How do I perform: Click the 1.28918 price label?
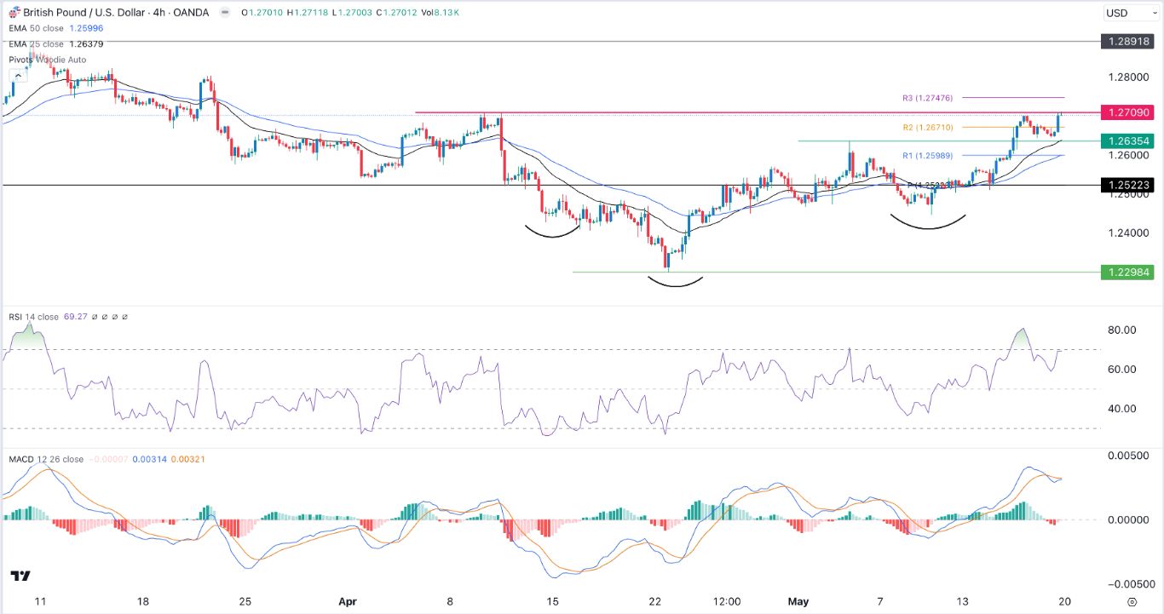[x=1127, y=41]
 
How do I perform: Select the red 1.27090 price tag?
[x=1127, y=112]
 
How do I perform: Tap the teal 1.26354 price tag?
[x=1127, y=141]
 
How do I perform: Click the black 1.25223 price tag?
[x=1127, y=185]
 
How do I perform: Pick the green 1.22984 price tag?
[x=1127, y=272]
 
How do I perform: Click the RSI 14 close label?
[x=34, y=317]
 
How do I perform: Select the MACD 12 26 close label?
[x=47, y=459]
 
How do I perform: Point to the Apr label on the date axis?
[x=347, y=600]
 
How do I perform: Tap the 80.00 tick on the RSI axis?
[x=1122, y=330]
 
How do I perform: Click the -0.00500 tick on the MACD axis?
[x=1126, y=584]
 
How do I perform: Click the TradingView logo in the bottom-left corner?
[x=20, y=577]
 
